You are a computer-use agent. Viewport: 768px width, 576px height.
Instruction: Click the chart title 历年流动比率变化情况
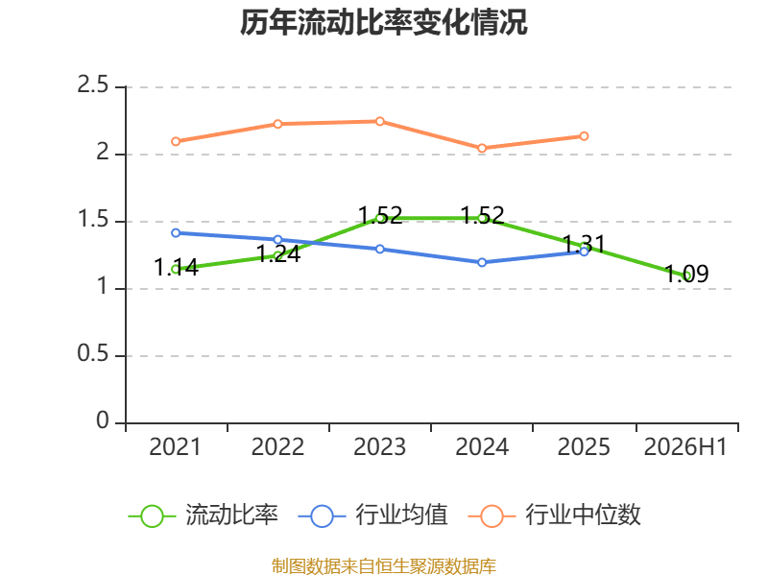(x=383, y=22)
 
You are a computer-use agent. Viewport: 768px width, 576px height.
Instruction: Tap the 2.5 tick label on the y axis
(x=92, y=85)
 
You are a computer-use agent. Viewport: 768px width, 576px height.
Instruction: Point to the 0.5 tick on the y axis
(x=92, y=353)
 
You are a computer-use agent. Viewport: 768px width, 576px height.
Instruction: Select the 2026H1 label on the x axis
(x=685, y=447)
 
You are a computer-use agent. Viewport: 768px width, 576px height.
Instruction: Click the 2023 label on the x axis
(x=379, y=447)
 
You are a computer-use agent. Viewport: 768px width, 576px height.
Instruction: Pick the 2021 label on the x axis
(x=175, y=447)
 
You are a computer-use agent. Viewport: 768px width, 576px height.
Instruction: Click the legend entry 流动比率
(x=204, y=516)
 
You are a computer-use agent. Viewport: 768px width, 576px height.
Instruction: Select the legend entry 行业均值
(x=372, y=516)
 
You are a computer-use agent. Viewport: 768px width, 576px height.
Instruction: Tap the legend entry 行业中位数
(x=555, y=516)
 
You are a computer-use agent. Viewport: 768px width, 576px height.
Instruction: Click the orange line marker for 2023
(x=379, y=121)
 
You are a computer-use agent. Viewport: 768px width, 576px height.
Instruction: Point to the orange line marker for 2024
(x=482, y=148)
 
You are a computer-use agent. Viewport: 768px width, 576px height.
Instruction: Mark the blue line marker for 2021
(x=176, y=232)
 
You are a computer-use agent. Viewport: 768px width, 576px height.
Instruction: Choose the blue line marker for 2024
(x=482, y=262)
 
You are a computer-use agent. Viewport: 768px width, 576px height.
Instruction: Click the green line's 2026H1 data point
(x=687, y=276)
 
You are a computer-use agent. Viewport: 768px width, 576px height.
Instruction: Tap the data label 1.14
(x=176, y=268)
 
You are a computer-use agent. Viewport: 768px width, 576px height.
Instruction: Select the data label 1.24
(x=278, y=254)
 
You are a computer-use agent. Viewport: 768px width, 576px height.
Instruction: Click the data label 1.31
(x=584, y=244)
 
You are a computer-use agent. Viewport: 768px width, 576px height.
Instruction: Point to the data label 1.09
(x=686, y=274)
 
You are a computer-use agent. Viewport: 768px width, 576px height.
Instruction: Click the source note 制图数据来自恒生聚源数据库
(x=384, y=566)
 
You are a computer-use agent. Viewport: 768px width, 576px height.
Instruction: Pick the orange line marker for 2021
(x=176, y=141)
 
